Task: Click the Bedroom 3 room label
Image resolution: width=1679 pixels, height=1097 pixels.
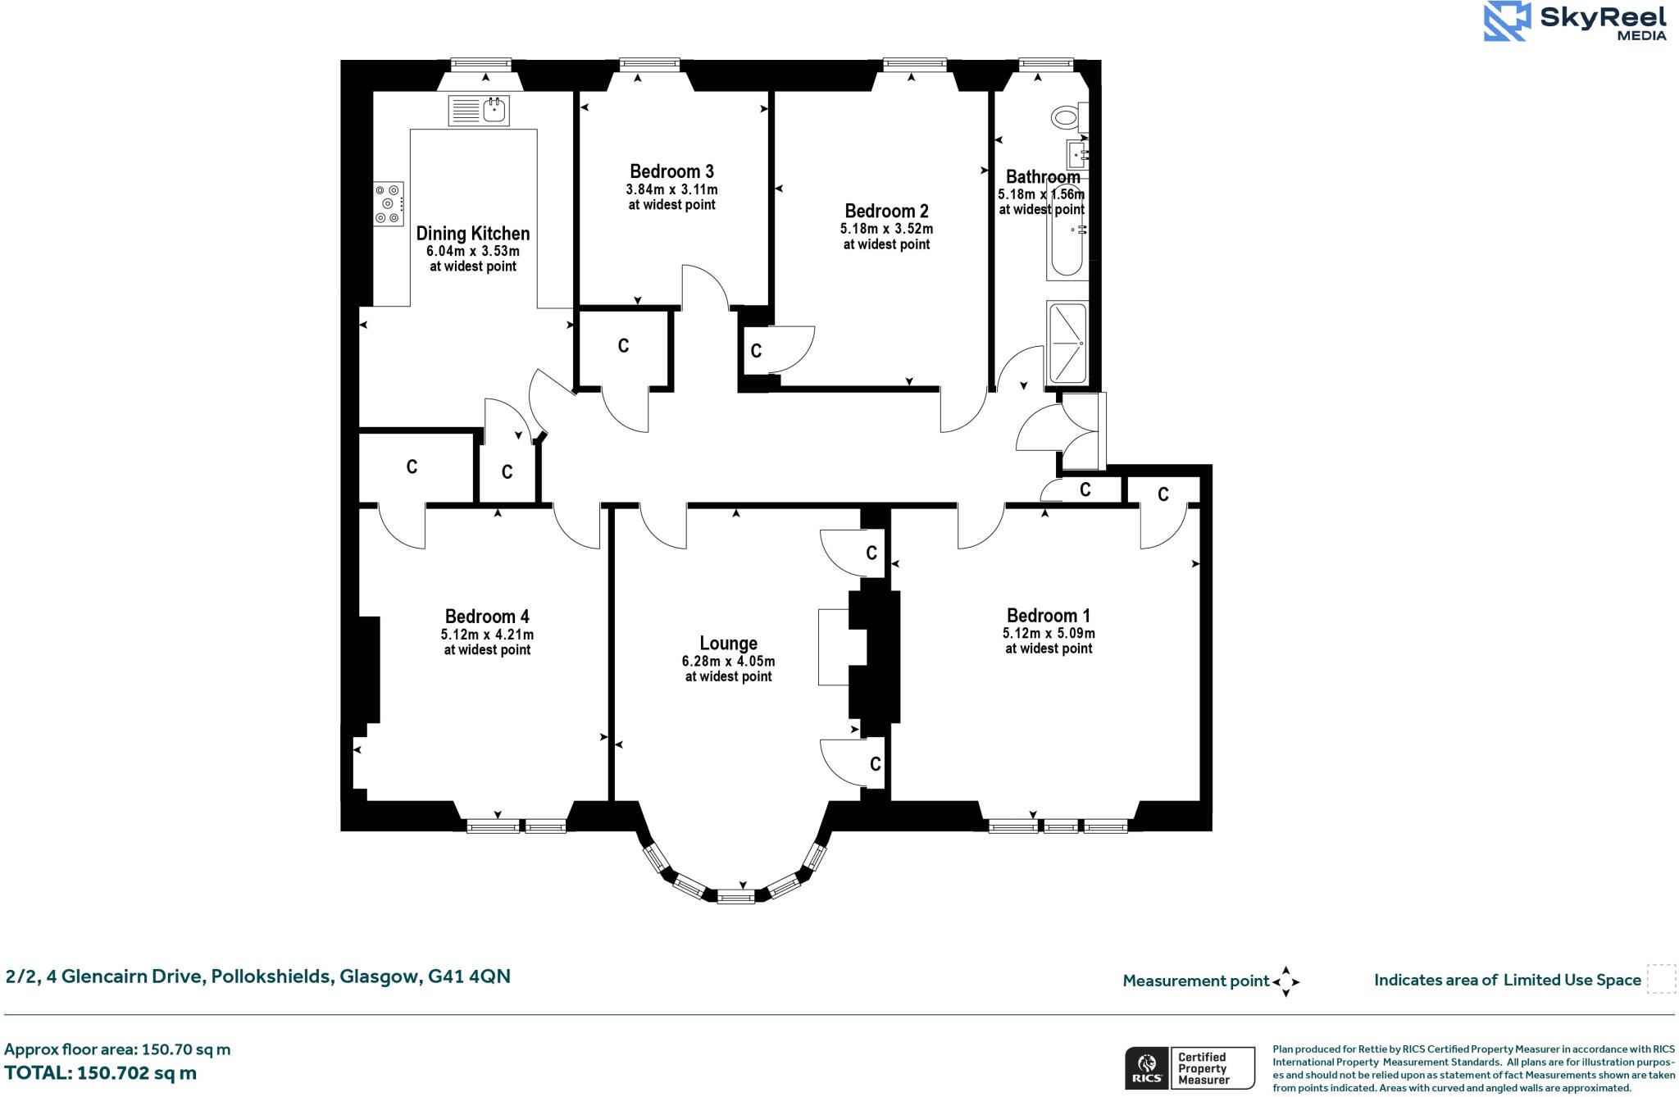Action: (671, 171)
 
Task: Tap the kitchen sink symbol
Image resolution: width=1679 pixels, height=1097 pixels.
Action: (480, 110)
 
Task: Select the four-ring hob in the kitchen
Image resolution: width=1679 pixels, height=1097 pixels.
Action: (389, 203)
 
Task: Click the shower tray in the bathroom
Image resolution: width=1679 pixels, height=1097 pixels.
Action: (1067, 343)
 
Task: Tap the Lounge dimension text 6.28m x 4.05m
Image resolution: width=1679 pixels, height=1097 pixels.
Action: (728, 661)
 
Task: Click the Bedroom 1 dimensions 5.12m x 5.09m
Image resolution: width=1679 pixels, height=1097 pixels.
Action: (1049, 633)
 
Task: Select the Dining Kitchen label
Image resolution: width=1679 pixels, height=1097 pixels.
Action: (473, 234)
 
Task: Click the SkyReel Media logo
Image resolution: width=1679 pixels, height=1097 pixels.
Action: (1575, 21)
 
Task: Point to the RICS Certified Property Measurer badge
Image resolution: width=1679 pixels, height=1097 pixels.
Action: (1189, 1067)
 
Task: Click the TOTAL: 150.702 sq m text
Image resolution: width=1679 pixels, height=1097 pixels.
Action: (100, 1073)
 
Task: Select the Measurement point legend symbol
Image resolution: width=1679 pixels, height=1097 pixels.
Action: (1285, 981)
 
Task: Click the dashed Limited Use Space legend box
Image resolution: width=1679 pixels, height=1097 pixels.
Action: (1661, 980)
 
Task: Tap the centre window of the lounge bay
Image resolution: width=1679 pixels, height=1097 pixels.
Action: (735, 898)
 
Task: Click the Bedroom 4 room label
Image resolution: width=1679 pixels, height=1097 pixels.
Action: (487, 617)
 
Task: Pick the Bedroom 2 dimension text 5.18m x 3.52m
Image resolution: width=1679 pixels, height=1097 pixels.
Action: (886, 229)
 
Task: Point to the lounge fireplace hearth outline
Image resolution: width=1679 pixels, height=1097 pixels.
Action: (834, 647)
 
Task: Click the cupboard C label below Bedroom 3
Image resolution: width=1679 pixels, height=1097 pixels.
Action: (623, 346)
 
